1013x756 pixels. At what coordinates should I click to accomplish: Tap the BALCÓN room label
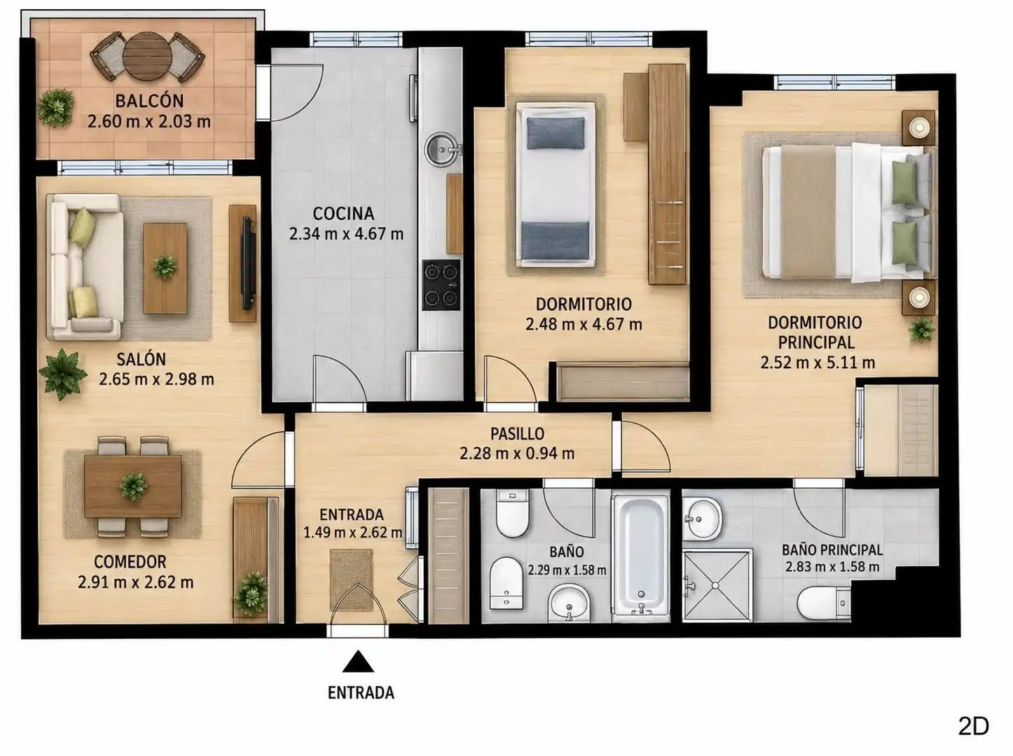(x=149, y=101)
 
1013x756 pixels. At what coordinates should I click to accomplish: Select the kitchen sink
(x=442, y=149)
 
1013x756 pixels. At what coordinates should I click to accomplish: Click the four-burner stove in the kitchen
(x=441, y=285)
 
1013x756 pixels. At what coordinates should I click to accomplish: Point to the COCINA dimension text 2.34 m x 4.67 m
(x=346, y=234)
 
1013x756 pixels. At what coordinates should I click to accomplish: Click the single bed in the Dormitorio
(x=556, y=185)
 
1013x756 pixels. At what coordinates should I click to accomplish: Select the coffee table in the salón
(x=165, y=268)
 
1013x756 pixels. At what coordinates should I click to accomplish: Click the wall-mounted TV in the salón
(x=248, y=263)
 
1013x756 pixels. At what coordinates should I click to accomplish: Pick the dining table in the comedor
(x=133, y=486)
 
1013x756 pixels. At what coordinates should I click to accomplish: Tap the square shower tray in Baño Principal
(x=717, y=585)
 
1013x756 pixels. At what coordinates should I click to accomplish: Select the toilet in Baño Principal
(x=823, y=603)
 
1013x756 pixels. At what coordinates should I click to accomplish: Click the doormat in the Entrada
(x=351, y=580)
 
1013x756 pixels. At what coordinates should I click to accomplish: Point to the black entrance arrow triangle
(x=358, y=661)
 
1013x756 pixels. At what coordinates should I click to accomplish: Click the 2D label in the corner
(x=973, y=726)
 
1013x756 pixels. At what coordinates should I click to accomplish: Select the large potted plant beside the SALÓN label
(x=62, y=374)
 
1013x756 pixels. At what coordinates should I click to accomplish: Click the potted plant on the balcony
(x=55, y=108)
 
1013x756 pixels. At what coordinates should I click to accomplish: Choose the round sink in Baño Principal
(x=702, y=519)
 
